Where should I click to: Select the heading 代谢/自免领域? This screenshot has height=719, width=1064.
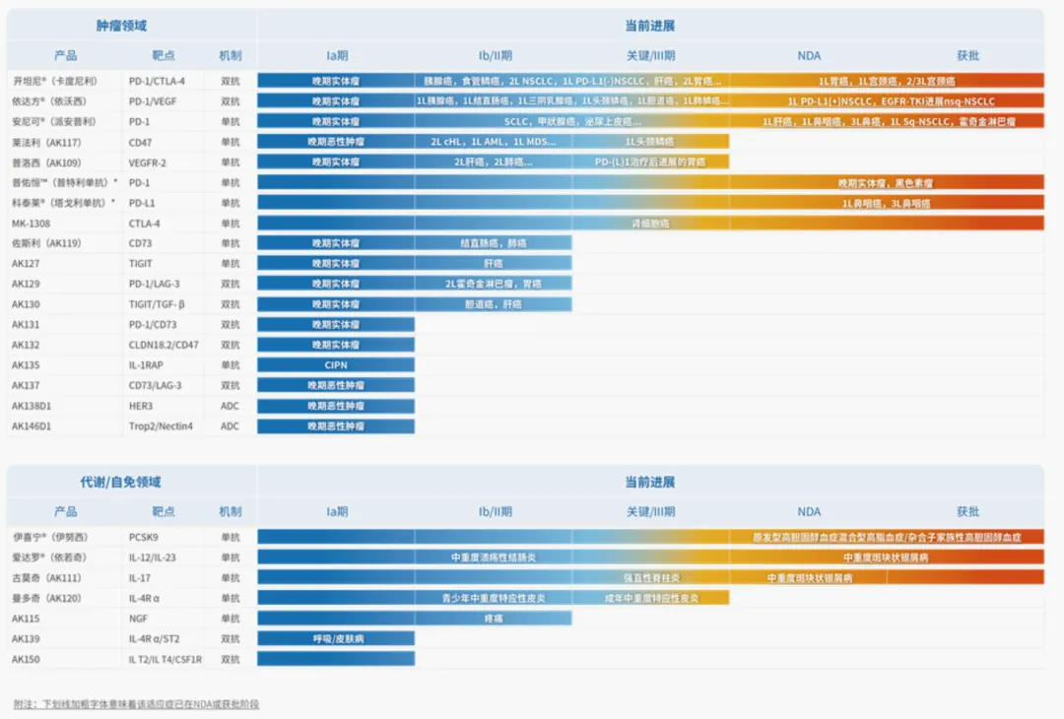point(120,483)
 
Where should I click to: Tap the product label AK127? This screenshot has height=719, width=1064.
point(27,264)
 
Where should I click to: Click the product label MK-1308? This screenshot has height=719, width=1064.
point(32,224)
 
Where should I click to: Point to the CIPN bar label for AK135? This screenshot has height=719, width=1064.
point(336,365)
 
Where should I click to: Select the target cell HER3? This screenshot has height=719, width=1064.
point(144,406)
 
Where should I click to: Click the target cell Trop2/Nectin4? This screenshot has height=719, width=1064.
point(162,426)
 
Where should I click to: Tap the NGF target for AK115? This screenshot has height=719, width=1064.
point(140,619)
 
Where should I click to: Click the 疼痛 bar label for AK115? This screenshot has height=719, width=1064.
point(493,619)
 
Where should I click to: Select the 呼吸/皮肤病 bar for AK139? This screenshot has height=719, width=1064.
point(336,639)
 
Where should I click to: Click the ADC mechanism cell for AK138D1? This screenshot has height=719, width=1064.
point(230,406)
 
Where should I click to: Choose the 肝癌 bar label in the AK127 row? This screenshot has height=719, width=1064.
point(493,264)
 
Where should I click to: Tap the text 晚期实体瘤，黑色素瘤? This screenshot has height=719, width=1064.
point(887,182)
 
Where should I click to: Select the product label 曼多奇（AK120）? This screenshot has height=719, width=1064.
point(46,599)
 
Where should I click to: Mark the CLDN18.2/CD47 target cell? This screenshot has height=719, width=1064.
point(164,345)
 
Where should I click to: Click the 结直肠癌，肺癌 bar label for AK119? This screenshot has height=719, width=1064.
point(493,243)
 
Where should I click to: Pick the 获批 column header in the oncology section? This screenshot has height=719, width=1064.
point(967,56)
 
